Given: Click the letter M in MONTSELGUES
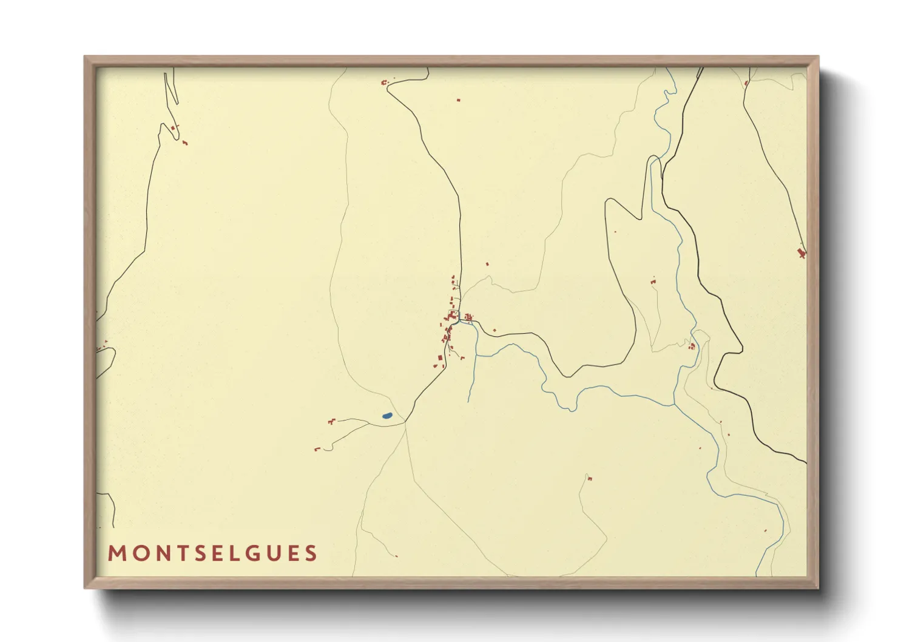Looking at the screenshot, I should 117,553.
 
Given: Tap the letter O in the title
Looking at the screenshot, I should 140,553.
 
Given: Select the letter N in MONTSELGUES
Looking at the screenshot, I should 162,553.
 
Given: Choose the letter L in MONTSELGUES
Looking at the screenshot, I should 241,553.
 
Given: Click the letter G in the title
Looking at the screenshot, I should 261,553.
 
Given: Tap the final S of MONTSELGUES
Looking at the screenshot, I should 311,553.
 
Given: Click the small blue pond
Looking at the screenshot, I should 387,416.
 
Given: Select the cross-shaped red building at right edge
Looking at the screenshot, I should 801,252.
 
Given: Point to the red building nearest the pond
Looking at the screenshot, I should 331,421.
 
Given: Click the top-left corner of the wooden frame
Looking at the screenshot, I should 85,57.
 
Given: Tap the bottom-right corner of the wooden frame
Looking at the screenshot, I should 818,587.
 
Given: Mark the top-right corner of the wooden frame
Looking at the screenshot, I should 818,57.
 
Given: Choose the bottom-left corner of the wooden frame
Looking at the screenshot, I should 85,587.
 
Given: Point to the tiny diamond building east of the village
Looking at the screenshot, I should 495,330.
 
